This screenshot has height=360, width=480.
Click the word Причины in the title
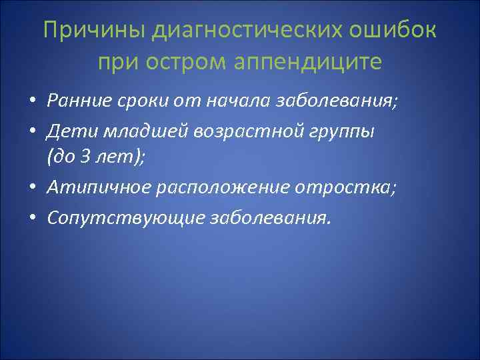95,32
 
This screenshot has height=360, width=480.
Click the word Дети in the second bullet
65,131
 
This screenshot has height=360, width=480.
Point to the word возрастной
223,131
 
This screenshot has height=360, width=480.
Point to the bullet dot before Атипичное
33,189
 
